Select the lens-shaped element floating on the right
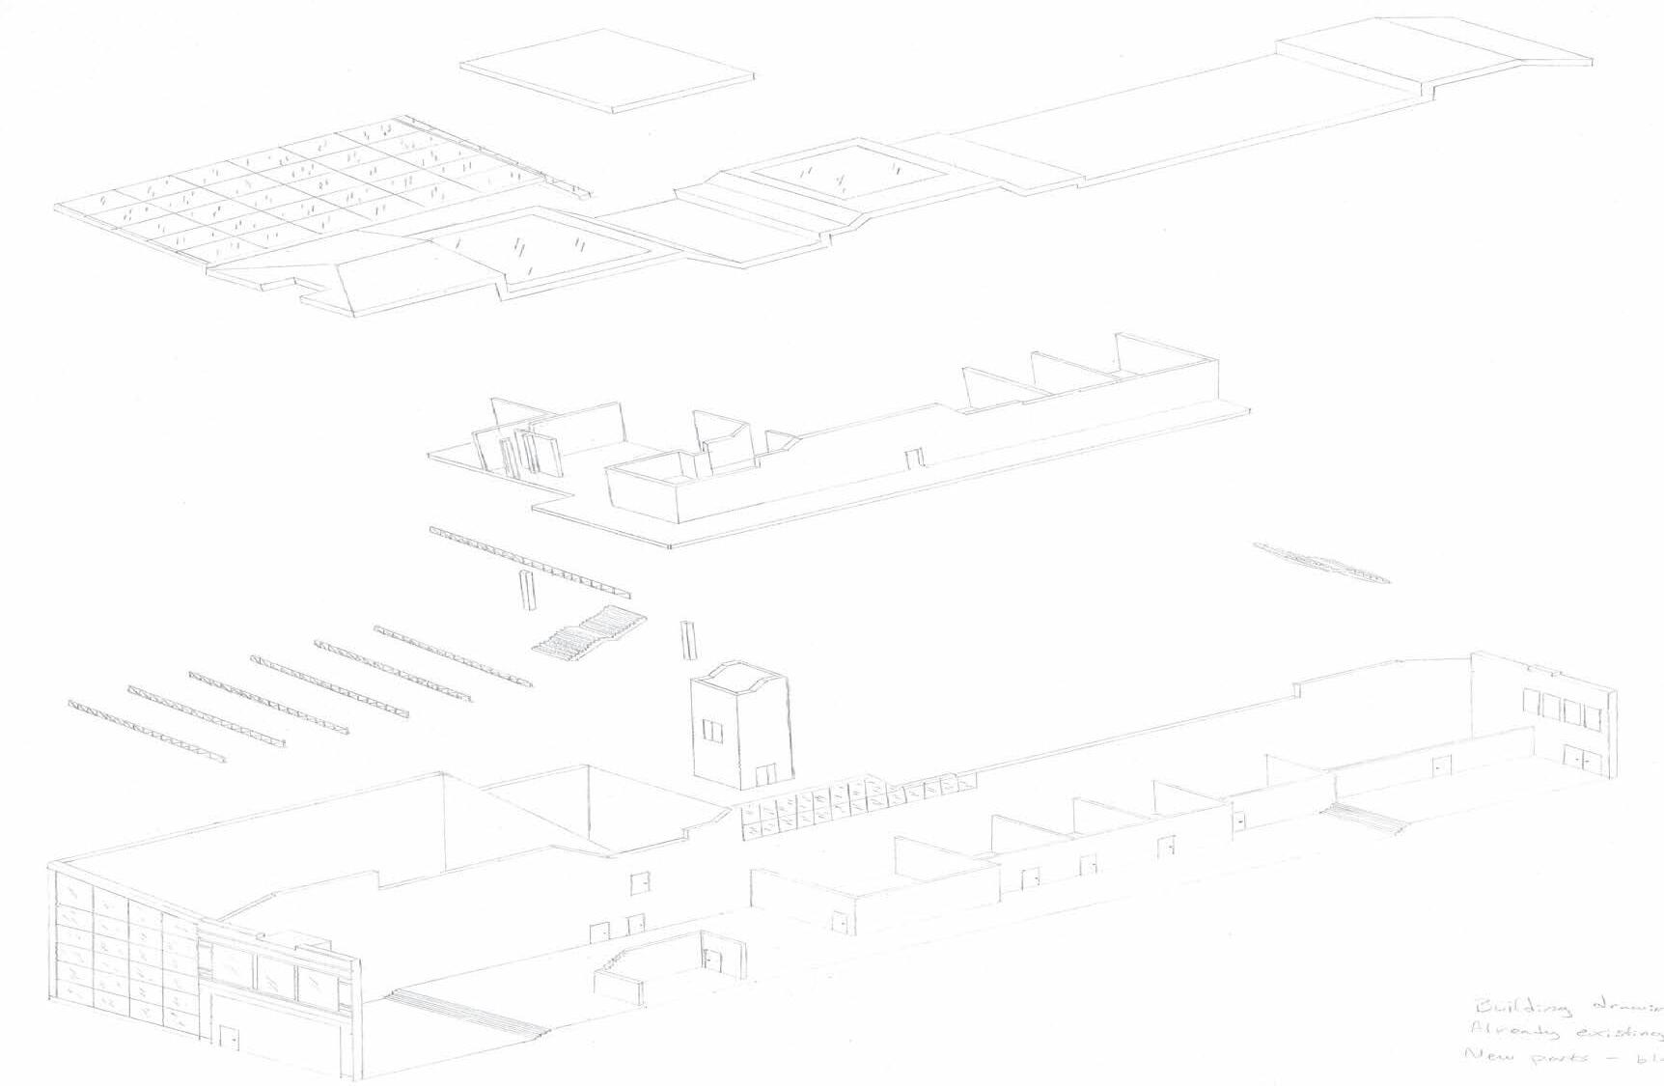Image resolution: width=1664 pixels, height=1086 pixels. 1321,562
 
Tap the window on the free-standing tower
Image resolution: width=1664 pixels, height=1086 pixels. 712,731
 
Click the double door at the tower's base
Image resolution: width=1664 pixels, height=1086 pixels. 764,773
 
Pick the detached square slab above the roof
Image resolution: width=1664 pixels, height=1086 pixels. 606,70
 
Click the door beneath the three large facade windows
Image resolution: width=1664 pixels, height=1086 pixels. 229,1039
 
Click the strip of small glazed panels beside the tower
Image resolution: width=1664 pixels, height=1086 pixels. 849,805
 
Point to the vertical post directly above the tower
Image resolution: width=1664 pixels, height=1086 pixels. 687,639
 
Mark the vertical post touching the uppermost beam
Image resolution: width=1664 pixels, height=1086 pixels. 526,590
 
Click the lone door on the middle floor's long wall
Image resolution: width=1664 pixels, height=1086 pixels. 913,458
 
